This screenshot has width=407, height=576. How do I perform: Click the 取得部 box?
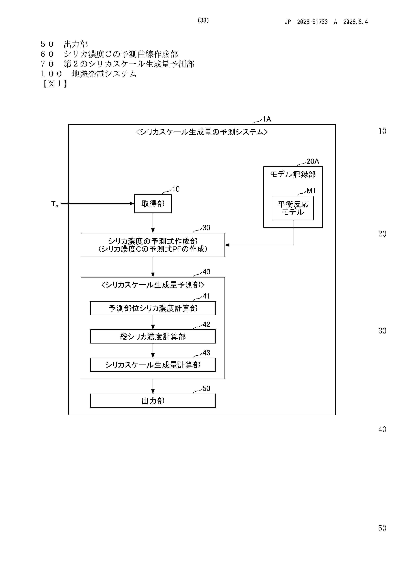click(x=153, y=203)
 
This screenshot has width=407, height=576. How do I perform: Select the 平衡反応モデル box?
click(x=293, y=208)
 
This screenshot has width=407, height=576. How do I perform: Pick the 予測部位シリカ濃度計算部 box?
click(x=153, y=308)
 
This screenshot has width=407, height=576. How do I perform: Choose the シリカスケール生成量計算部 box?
click(x=153, y=365)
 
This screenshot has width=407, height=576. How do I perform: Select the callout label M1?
click(x=311, y=191)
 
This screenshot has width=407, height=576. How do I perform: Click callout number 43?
click(x=206, y=353)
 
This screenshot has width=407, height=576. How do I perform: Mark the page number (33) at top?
click(x=203, y=20)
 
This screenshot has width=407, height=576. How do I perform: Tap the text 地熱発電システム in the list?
click(x=104, y=74)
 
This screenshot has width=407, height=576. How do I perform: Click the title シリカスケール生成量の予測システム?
click(x=202, y=132)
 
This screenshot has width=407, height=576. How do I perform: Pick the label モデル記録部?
click(x=293, y=174)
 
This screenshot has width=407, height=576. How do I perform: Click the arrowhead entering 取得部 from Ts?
click(x=132, y=203)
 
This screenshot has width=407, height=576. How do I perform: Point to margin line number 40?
click(x=382, y=429)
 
